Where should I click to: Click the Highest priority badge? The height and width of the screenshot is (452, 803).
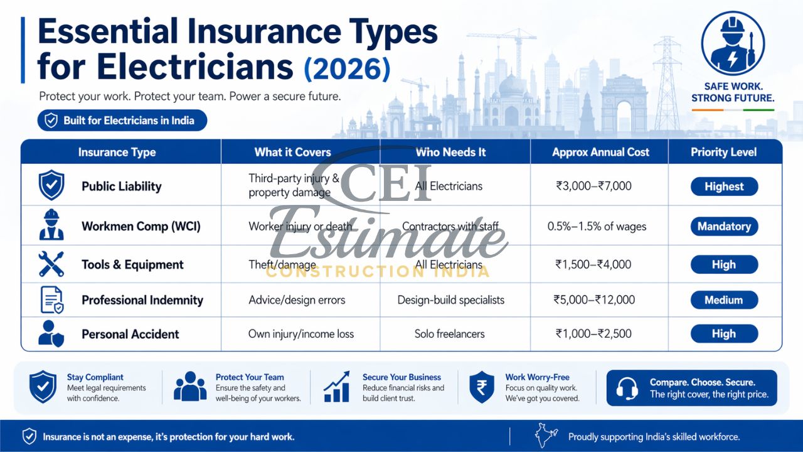coord(724,186)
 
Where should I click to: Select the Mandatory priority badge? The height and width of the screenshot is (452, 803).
coord(724,227)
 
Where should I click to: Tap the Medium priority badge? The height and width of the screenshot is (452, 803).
coord(724,300)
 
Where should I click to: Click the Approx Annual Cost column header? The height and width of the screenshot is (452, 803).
coord(600,152)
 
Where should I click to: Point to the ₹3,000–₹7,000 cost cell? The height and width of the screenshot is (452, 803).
coord(593,186)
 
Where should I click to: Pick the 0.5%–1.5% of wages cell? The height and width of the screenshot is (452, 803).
coord(600,227)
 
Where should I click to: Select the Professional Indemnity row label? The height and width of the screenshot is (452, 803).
coord(142,300)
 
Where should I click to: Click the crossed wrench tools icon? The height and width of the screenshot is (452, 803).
coord(51,264)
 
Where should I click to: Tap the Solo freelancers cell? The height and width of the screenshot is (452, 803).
coord(449,334)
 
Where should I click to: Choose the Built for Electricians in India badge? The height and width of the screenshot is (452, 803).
coord(122,121)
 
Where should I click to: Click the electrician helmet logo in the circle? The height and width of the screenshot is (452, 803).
coord(732,43)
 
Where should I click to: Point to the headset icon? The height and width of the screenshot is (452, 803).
coord(627,388)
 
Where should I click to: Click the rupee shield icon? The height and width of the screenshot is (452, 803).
coord(482,387)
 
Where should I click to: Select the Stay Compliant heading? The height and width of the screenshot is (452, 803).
coord(95,377)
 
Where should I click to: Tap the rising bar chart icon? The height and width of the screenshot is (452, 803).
coord(337,387)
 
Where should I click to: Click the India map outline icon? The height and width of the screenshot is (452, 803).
coord(546,436)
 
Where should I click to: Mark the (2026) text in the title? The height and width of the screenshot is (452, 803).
coord(346,67)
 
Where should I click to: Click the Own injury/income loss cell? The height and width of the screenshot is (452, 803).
coord(301,334)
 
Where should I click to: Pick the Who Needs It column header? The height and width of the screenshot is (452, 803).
coord(450,152)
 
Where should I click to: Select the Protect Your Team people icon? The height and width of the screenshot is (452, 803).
coord(189,387)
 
